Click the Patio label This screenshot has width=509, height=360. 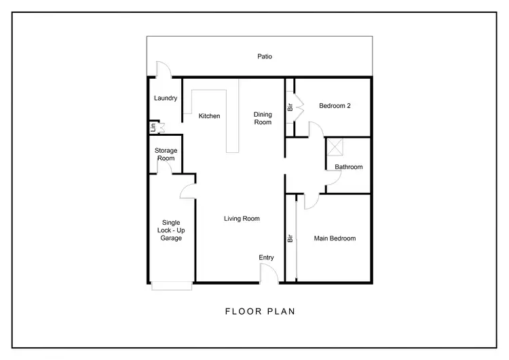pos(264,56)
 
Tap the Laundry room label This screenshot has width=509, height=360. pos(166,98)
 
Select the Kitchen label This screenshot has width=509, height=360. pos(209,116)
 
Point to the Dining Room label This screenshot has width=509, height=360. pos(263,118)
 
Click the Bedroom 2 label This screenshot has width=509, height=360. pos(335,106)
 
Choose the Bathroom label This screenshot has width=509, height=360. pos(348,166)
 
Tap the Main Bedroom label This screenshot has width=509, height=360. pos(334,238)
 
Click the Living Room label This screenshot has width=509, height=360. pos(242,219)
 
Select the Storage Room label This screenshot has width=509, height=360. pos(166,154)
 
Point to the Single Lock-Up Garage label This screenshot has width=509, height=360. pos(171,230)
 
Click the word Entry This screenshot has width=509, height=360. pos(266,257)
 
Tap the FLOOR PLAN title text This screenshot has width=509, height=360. pos(260,312)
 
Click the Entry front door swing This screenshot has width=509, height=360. pos(269,273)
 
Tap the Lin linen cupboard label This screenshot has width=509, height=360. pos(154,126)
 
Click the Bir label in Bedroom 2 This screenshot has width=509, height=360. pos(290,107)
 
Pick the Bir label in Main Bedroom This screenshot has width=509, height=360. pos(290,238)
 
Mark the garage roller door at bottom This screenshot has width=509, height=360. pos(172,286)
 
